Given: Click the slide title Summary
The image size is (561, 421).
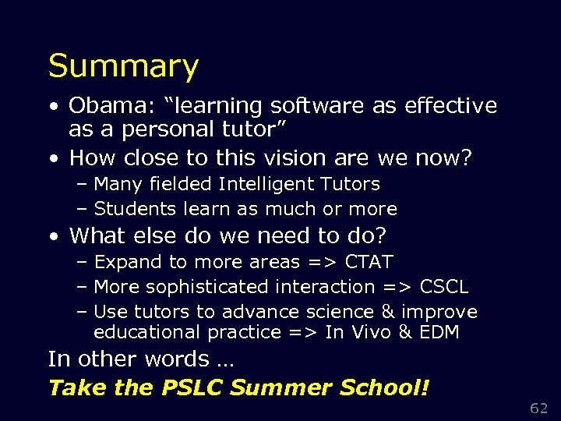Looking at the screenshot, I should pyautogui.click(x=123, y=67).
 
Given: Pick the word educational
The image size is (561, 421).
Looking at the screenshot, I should pyautogui.click(x=147, y=332).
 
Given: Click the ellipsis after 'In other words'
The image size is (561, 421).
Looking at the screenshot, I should pyautogui.click(x=225, y=360).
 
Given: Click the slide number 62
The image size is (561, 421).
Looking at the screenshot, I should pyautogui.click(x=539, y=408).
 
